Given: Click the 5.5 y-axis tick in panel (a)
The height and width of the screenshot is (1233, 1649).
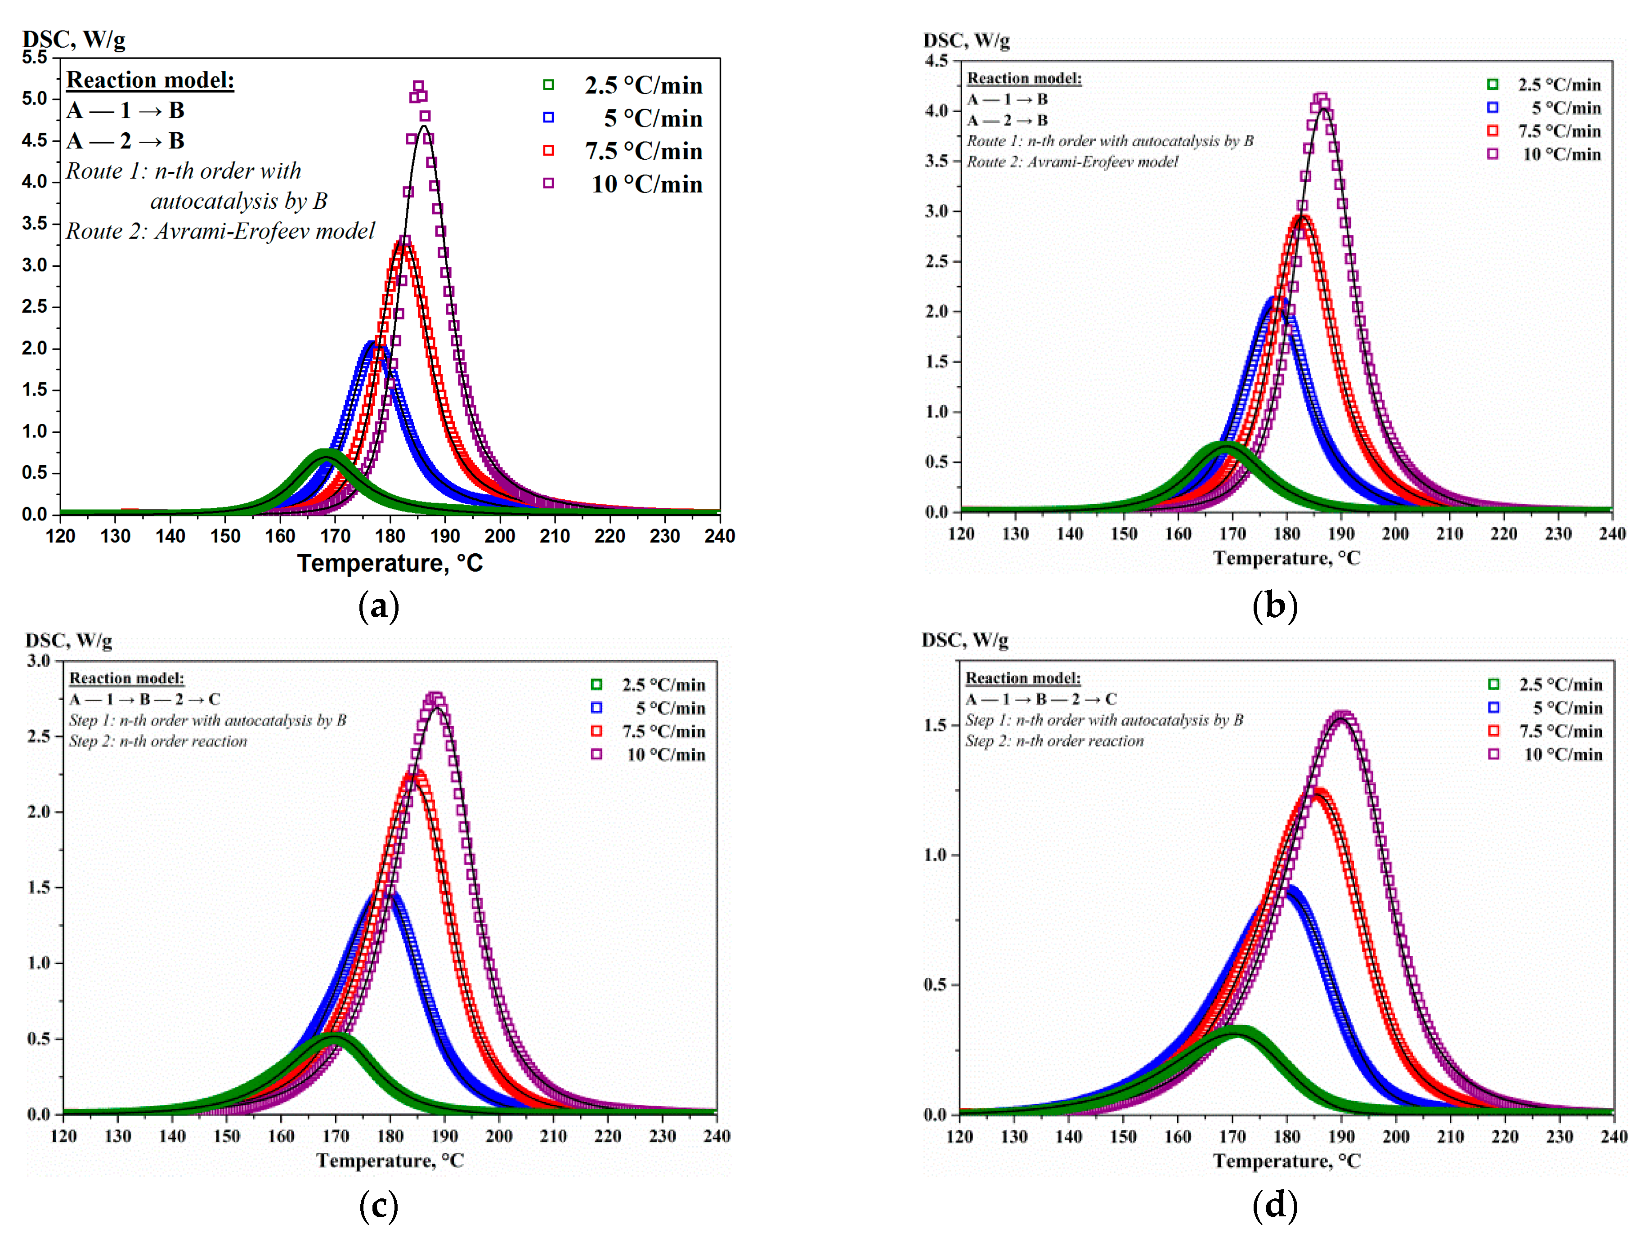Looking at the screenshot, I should click(x=34, y=58).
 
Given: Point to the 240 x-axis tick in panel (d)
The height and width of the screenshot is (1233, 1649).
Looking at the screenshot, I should click(x=1613, y=1136).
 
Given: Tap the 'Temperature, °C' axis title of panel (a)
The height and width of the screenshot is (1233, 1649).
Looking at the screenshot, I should click(x=390, y=563).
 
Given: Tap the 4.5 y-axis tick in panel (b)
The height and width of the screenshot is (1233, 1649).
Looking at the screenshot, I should click(x=937, y=60).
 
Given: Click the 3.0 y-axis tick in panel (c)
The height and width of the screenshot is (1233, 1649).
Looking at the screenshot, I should click(x=39, y=660).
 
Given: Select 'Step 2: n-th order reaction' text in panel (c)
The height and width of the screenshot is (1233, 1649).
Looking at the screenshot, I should click(x=158, y=741).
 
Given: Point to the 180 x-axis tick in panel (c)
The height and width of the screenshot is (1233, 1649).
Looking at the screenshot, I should click(x=390, y=1136).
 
